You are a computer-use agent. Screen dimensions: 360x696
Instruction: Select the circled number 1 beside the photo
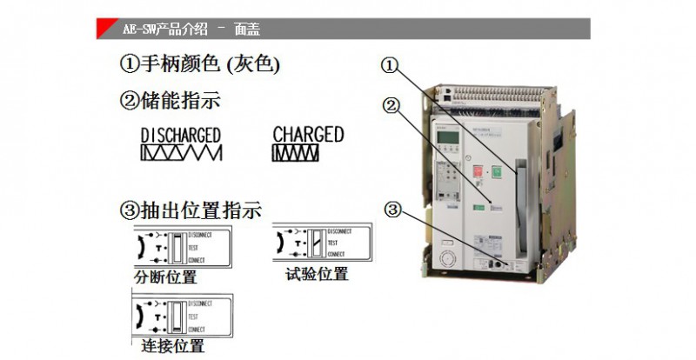click(390, 65)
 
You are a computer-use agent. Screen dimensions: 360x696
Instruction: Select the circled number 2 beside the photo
click(391, 106)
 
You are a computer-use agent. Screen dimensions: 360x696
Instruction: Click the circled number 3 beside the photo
click(393, 210)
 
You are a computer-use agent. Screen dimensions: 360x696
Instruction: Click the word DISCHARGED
click(180, 135)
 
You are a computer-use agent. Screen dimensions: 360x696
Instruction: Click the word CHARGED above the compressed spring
click(308, 134)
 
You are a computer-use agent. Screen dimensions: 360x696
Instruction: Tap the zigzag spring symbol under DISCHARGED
click(181, 153)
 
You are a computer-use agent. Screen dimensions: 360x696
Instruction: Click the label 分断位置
click(166, 278)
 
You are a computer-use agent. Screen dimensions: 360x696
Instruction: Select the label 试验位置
click(317, 275)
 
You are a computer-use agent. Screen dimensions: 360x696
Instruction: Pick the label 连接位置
click(172, 346)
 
